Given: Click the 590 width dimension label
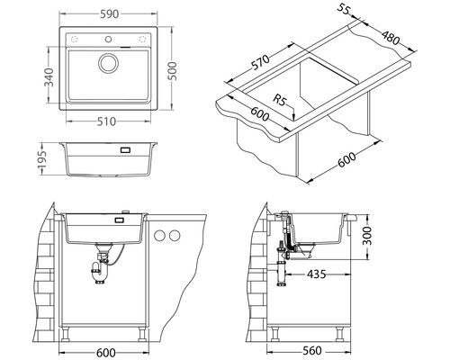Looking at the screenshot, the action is point(109,14).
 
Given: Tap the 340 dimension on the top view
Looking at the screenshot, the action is point(49,76).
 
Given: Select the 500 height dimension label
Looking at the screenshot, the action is point(172,71).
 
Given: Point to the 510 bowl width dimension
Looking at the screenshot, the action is point(106,121).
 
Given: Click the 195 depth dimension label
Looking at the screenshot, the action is point(42,158).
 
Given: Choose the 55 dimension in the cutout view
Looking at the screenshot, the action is point(343,9).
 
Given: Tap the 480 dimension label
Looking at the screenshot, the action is point(391,38).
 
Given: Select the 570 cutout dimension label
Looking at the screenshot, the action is point(260,62).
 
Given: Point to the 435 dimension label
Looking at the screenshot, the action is point(316,274).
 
